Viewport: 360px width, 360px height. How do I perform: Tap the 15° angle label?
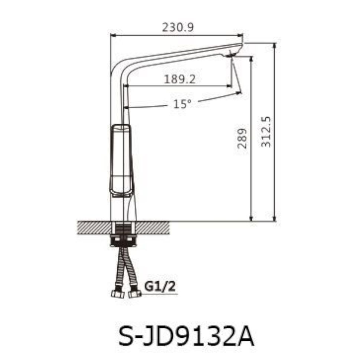point(182,104)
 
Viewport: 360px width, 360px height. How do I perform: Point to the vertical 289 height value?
point(242,138)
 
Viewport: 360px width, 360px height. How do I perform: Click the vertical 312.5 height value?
point(266,131)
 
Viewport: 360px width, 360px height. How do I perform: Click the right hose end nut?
point(134,294)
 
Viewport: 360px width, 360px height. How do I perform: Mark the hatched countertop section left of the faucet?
point(94,228)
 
